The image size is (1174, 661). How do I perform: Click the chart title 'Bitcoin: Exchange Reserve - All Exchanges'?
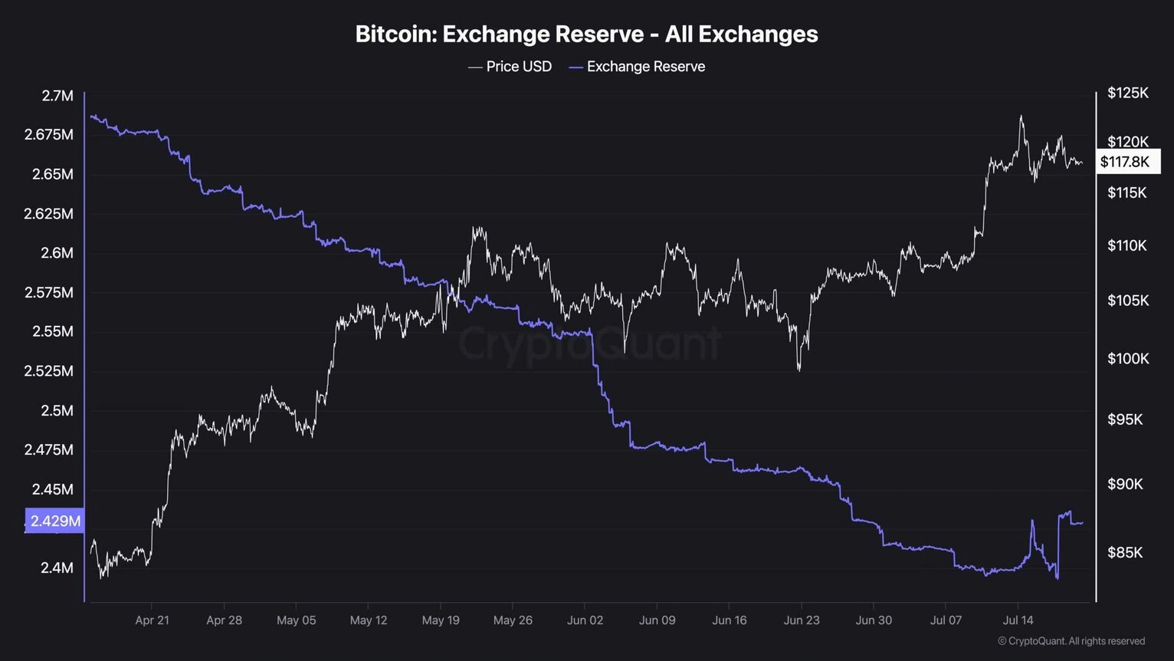(x=586, y=35)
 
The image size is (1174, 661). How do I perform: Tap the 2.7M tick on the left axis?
(x=57, y=96)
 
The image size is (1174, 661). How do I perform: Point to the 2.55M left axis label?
(x=53, y=331)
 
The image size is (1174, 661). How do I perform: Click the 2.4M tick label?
(x=57, y=567)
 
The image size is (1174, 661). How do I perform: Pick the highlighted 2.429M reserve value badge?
(x=54, y=521)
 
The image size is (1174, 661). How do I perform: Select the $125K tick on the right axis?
(x=1127, y=93)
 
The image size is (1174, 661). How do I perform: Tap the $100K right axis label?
(x=1127, y=358)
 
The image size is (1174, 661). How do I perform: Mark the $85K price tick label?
(x=1125, y=552)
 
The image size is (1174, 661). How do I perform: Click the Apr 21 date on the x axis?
(x=152, y=620)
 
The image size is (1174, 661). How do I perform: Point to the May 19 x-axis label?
(x=441, y=620)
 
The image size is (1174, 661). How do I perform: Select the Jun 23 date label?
(x=802, y=620)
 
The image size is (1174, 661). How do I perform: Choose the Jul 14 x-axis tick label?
(x=1018, y=620)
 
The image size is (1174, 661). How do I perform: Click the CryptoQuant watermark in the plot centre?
(x=589, y=342)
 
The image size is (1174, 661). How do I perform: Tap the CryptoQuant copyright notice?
(x=1071, y=641)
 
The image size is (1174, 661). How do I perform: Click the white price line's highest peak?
(x=1021, y=117)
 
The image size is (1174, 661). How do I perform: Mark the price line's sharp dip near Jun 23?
(x=799, y=370)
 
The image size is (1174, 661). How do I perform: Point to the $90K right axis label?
(x=1125, y=484)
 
